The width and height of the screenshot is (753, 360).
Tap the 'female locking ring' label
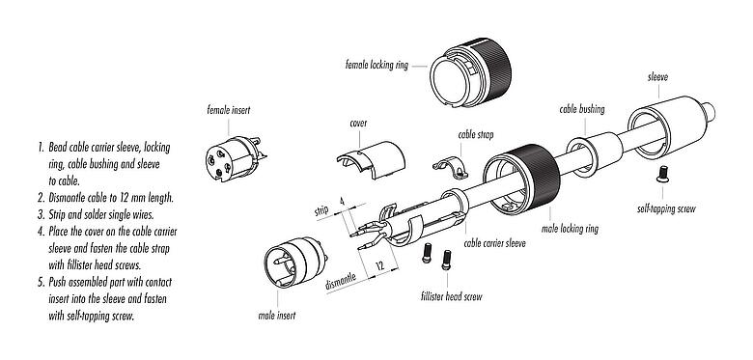tap(378, 67)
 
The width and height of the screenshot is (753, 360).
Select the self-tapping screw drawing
tap(664, 174)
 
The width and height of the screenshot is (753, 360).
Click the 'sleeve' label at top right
tap(659, 75)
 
